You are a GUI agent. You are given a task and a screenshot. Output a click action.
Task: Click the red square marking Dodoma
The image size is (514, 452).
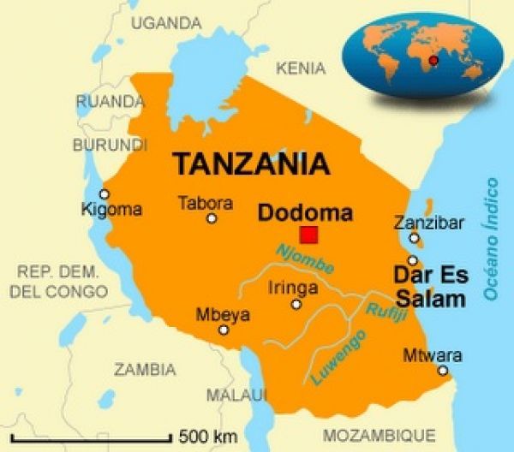[x=308, y=235]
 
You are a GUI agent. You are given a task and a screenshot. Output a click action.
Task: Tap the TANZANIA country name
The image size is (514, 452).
[x=251, y=163]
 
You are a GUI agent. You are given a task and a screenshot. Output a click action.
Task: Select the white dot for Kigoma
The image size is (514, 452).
[x=105, y=194]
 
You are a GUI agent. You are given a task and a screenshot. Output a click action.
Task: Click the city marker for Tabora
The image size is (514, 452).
[x=212, y=218]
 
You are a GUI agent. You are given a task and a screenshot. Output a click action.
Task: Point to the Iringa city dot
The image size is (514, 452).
[x=296, y=304]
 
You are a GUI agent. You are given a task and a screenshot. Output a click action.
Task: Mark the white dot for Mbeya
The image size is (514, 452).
[x=224, y=330]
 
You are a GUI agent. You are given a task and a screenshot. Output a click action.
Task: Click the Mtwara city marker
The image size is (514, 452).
[x=443, y=371]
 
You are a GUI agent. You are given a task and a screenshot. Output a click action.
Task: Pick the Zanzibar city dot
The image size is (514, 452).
[x=414, y=239]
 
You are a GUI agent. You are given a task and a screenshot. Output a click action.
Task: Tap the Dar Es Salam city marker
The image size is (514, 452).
[x=413, y=260]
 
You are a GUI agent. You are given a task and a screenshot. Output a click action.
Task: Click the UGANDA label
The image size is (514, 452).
[x=164, y=23]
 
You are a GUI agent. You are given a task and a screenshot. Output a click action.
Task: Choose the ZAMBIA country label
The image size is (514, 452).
[x=145, y=370]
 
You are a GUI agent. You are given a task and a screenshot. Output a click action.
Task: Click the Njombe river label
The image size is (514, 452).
[x=304, y=259]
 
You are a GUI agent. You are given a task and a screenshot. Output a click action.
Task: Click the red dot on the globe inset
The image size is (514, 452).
[x=433, y=60]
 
